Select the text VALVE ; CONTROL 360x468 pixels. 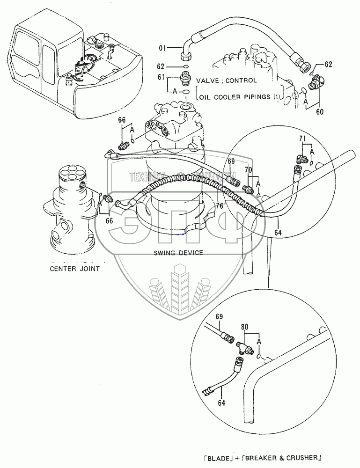pyautogui.click(x=227, y=80)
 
